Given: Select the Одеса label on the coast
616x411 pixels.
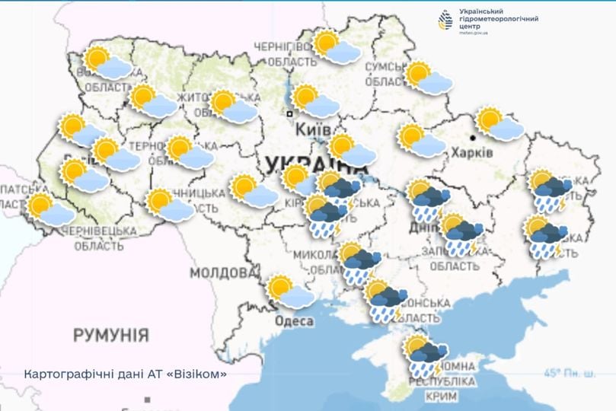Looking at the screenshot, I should pyautogui.click(x=294, y=321).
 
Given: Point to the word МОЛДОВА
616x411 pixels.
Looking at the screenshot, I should pyautogui.click(x=219, y=272).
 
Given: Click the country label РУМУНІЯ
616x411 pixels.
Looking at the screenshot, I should pyautogui.click(x=111, y=335).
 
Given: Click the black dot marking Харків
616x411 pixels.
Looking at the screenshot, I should pyautogui.click(x=473, y=138).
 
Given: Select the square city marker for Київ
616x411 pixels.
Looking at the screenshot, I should pyautogui.click(x=289, y=114).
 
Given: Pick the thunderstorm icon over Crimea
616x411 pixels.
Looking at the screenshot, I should pyautogui.click(x=423, y=355).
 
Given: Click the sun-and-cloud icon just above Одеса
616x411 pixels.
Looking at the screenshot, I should pyautogui.click(x=290, y=292).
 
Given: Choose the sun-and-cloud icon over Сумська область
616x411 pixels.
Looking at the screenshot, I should pyautogui.click(x=428, y=78).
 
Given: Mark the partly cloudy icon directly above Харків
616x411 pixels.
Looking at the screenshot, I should pyautogui.click(x=499, y=124).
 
